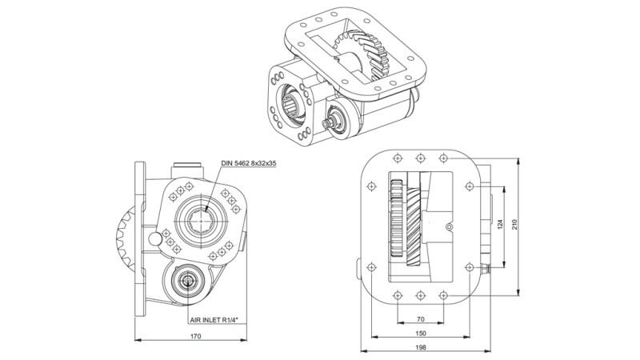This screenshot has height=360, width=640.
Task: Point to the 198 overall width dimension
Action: point(422,349)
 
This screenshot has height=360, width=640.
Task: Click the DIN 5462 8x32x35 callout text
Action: point(254,164)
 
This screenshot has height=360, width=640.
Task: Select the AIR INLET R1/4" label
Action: point(216,319)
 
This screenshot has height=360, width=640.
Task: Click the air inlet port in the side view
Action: point(190,282)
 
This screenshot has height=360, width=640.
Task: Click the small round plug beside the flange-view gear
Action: point(449,228)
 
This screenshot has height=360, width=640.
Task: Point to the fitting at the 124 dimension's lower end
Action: point(486,267)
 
